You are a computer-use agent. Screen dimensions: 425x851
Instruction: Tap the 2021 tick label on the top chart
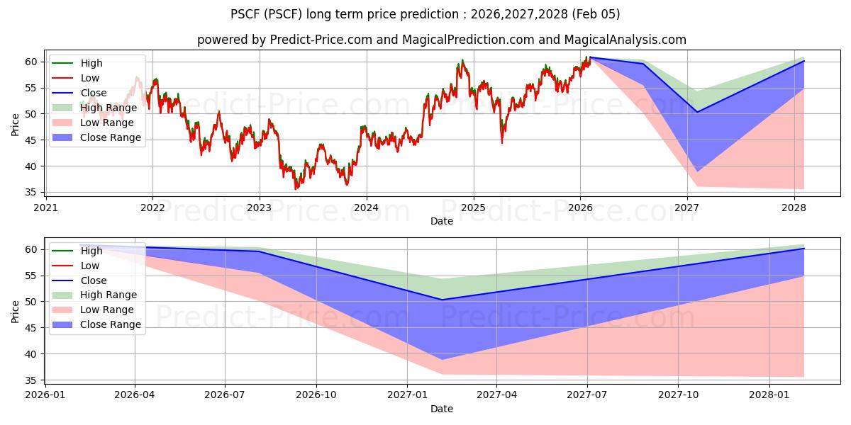pos(45,208)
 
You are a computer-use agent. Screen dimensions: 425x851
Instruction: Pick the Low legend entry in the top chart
pos(90,78)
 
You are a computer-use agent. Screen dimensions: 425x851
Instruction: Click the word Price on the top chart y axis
pos(16,124)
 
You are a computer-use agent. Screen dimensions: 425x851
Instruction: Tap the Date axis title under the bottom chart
pos(441,409)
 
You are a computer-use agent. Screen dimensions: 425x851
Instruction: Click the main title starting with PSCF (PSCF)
pos(425,14)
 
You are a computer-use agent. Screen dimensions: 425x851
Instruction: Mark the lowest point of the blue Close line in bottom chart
pos(442,300)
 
